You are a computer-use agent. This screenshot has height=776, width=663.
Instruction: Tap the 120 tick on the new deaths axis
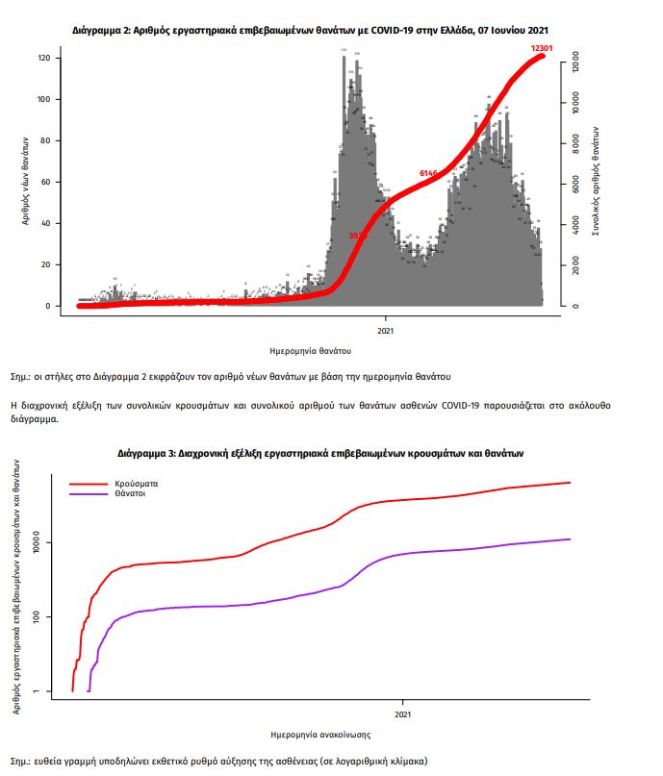click(43, 59)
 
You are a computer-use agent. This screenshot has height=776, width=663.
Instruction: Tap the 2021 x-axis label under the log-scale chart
click(403, 714)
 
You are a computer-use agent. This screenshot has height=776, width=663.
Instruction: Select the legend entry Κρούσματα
click(136, 483)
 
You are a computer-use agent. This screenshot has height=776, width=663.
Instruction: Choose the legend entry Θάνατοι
click(132, 493)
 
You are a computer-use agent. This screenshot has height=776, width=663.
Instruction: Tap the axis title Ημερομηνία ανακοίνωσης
click(321, 735)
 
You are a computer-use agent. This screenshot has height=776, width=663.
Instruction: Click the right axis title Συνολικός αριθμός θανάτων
click(598, 183)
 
